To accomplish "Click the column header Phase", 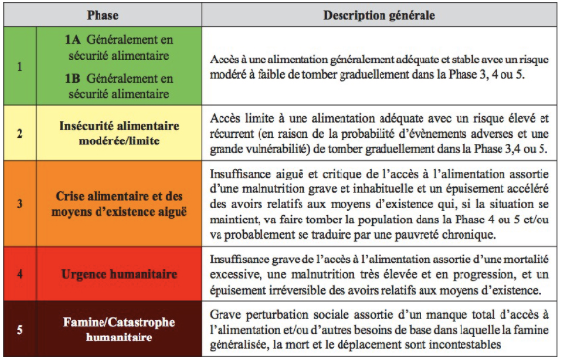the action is tap(102, 17).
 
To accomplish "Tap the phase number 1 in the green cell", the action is tap(20, 68).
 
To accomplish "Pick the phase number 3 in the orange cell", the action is tap(20, 204).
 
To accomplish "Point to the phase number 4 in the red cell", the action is tap(20, 274).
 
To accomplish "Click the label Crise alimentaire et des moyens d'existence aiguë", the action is tap(118, 204).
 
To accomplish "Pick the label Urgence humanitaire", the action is tap(118, 274).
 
